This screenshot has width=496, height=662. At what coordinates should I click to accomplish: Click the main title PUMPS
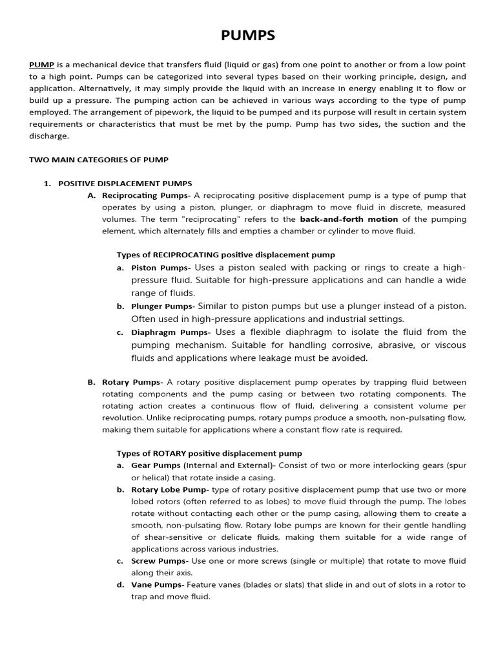click(x=248, y=36)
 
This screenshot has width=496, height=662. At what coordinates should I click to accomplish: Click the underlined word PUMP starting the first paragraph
click(x=41, y=65)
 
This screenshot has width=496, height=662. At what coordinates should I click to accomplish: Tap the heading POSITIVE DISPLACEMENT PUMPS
click(x=125, y=184)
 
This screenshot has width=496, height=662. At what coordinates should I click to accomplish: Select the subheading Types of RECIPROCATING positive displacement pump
click(x=225, y=255)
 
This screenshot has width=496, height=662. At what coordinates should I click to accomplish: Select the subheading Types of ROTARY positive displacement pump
click(x=209, y=453)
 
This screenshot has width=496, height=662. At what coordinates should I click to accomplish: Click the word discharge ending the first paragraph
click(x=49, y=136)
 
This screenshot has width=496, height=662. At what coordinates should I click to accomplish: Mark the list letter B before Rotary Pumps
click(x=91, y=382)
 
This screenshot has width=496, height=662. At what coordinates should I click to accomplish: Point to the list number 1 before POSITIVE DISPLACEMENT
click(x=46, y=184)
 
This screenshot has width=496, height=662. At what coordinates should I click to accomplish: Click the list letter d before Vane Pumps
click(x=120, y=585)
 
